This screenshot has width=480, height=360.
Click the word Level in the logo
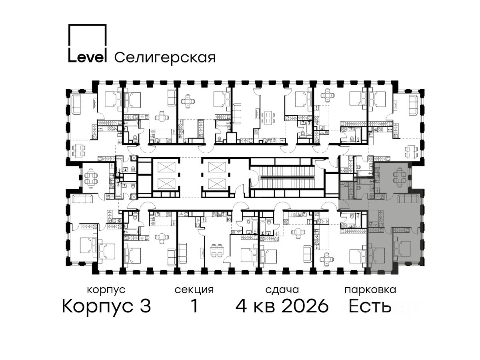[x=87, y=57]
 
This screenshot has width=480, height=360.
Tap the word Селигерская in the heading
[x=165, y=58]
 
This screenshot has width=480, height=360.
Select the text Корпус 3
[x=106, y=306]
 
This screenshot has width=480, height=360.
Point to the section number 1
[x=194, y=306]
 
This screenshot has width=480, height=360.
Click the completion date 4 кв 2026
[x=282, y=306]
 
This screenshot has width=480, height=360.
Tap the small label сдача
[x=282, y=290]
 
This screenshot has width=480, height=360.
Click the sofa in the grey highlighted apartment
[x=408, y=198]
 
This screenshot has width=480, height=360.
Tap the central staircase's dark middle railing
[x=286, y=177]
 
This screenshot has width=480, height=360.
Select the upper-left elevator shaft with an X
[x=166, y=167]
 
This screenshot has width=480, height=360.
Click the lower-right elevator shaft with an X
[x=217, y=184]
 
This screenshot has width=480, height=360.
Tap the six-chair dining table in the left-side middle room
[x=90, y=178]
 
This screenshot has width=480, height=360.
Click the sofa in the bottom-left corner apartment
[x=82, y=199]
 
